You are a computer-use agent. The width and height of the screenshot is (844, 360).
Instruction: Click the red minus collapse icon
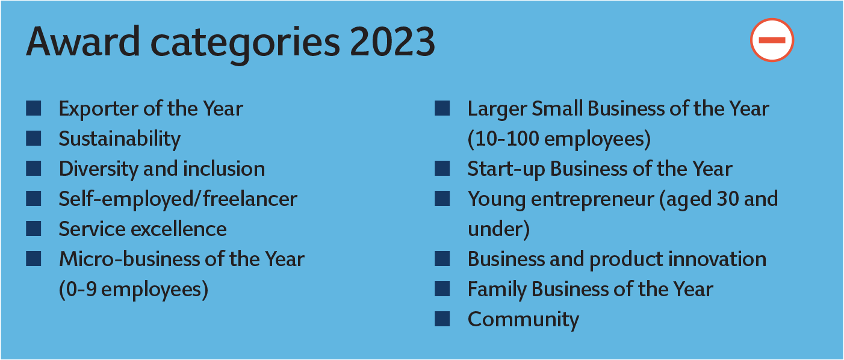[x=772, y=40]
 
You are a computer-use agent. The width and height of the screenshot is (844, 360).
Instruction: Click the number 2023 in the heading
[x=393, y=42]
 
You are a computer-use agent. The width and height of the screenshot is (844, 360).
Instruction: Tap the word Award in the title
[x=83, y=42]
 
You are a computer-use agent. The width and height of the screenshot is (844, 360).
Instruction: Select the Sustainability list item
[x=119, y=138]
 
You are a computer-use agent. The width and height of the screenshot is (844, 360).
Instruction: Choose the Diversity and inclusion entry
[x=162, y=169]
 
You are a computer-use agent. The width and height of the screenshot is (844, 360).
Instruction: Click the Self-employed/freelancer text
[x=178, y=199]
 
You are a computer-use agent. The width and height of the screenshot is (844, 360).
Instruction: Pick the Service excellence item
[x=143, y=229]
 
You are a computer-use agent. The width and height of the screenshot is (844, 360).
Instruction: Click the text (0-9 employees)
[x=134, y=290]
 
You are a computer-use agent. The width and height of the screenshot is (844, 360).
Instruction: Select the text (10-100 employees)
[x=559, y=138]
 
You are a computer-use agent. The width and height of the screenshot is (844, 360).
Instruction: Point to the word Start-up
[x=506, y=169]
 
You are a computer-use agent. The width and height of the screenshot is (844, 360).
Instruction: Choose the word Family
[x=497, y=290]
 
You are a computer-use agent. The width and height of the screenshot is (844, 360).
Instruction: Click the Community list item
[x=523, y=320]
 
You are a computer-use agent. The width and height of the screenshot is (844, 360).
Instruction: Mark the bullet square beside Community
[x=442, y=318]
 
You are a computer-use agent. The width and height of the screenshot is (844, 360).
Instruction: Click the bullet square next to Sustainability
[x=34, y=138]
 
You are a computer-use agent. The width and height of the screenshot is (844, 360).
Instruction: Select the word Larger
[x=497, y=109]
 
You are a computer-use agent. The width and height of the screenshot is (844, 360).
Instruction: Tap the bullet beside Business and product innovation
[x=442, y=259]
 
